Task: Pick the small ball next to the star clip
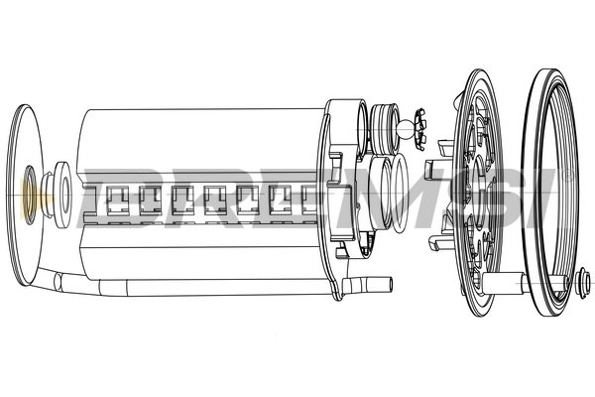click(407, 126)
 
